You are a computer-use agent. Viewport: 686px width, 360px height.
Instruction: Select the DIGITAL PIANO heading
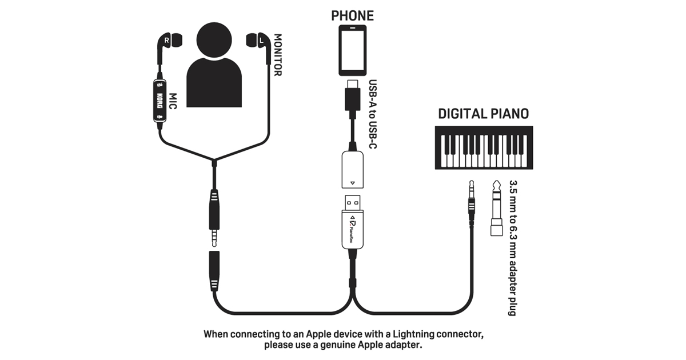pos(483,113)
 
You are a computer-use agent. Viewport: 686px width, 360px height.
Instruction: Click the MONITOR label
pos(278,55)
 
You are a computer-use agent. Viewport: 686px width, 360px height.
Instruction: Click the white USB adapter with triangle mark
pos(353,169)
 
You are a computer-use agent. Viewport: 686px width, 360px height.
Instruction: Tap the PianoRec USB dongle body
pos(353,229)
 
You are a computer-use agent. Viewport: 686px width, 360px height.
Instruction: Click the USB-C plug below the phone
pos(353,97)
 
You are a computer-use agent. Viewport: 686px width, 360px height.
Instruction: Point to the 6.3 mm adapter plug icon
pos(496,209)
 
